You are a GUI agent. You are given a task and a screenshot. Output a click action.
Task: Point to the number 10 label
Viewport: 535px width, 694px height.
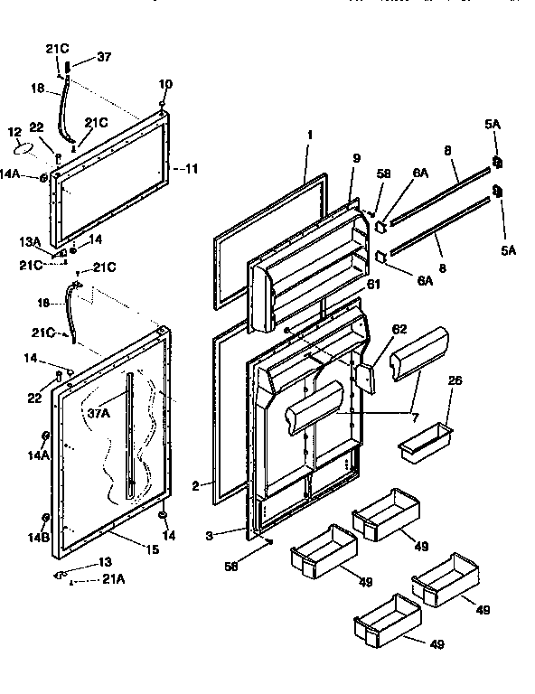(x=164, y=84)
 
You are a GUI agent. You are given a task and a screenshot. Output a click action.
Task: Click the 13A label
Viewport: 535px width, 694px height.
(x=31, y=241)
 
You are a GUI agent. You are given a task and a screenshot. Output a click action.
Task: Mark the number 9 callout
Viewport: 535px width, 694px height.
(x=356, y=157)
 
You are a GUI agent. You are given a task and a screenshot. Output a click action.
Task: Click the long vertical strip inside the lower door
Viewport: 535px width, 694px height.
(x=133, y=434)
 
